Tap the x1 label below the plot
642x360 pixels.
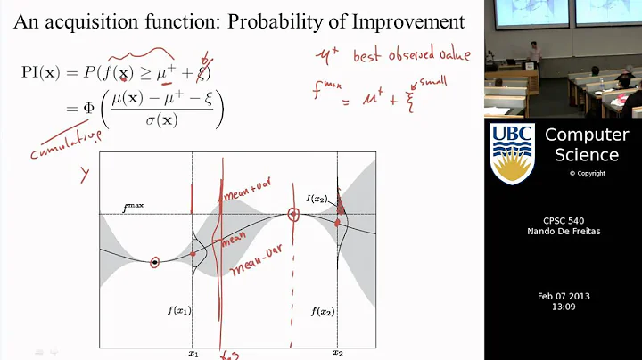tap(193, 353)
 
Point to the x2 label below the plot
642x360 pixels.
tap(338, 353)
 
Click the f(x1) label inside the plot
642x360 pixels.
tap(178, 310)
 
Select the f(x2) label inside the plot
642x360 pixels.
tap(323, 311)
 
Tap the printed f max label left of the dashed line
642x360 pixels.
tap(134, 208)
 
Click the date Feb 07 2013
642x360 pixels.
tap(564, 296)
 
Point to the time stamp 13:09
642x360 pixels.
tap(564, 307)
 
